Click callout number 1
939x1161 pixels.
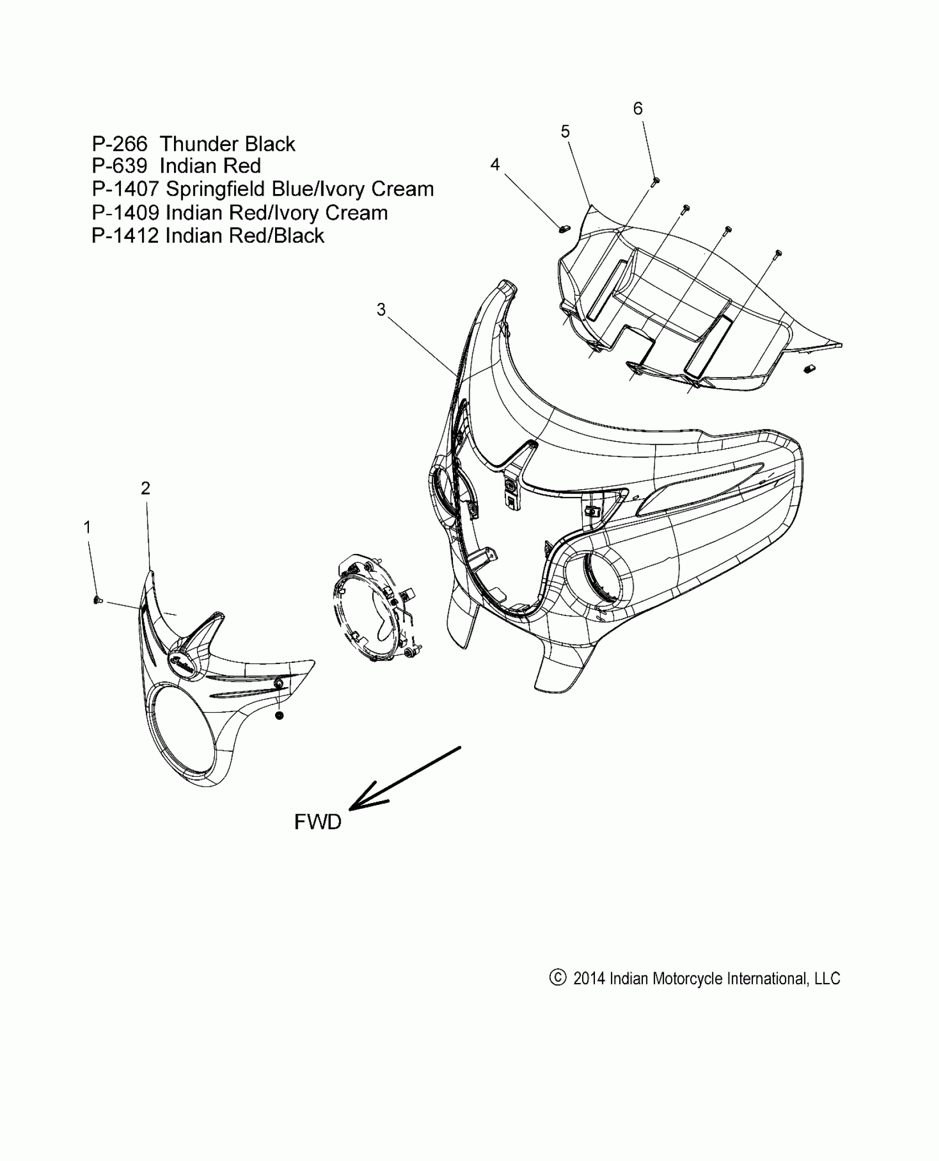pos(87,527)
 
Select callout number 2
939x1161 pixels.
pos(145,488)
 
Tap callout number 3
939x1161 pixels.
pos(381,310)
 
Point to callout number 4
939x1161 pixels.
pos(495,165)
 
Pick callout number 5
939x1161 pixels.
pos(565,132)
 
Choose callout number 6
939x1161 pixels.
pos(638,108)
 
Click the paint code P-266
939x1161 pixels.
pos(120,144)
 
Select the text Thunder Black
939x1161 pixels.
pos(228,144)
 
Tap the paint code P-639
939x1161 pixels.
pos(120,166)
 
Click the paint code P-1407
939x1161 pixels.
pos(126,189)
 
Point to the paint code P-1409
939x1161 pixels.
pos(126,213)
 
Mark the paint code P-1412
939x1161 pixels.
pos(126,236)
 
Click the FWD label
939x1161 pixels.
pos(318,838)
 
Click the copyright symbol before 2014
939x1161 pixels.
pos(558,978)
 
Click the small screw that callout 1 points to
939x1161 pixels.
pos(98,600)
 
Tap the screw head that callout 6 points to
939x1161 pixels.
pos(656,180)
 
